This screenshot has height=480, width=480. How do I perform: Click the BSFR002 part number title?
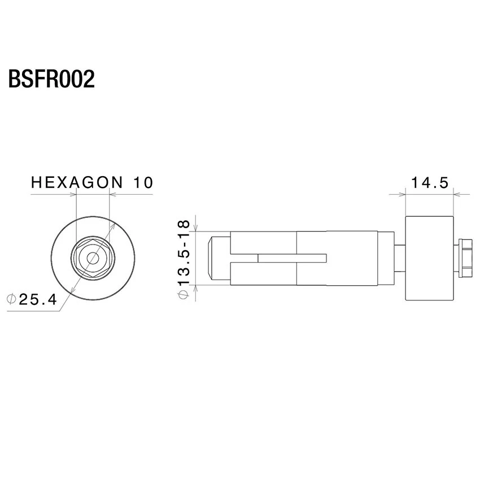coord(51,79)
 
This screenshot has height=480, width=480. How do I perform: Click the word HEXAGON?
coord(77,182)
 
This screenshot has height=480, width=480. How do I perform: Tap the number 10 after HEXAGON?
coord(143,182)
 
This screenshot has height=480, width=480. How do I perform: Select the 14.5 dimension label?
coord(430,183)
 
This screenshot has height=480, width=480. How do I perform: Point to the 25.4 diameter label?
coord(38,299)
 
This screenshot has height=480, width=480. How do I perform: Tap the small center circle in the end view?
coord(93,259)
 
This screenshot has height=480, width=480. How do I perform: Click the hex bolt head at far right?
coord(465,258)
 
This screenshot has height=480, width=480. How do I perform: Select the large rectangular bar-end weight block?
coord(430,258)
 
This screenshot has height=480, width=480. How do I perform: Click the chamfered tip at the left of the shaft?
coord(210,258)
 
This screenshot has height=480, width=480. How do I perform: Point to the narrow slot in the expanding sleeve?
coord(293,258)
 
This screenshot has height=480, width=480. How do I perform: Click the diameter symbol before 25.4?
coord(11,299)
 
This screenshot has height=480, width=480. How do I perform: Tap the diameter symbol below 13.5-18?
coord(184,294)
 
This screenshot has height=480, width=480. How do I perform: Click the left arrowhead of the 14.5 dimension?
coord(402,194)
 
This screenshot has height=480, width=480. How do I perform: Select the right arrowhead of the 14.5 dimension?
coord(457,194)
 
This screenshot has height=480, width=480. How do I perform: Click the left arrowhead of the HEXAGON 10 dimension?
coord(72,194)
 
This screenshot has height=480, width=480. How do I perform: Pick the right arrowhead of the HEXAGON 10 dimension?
coord(113,194)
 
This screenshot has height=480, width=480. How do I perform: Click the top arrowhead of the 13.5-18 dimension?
coord(196,228)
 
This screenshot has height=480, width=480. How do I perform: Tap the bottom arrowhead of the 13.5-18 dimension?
coord(196,289)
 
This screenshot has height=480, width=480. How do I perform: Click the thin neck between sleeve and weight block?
coord(400,258)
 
